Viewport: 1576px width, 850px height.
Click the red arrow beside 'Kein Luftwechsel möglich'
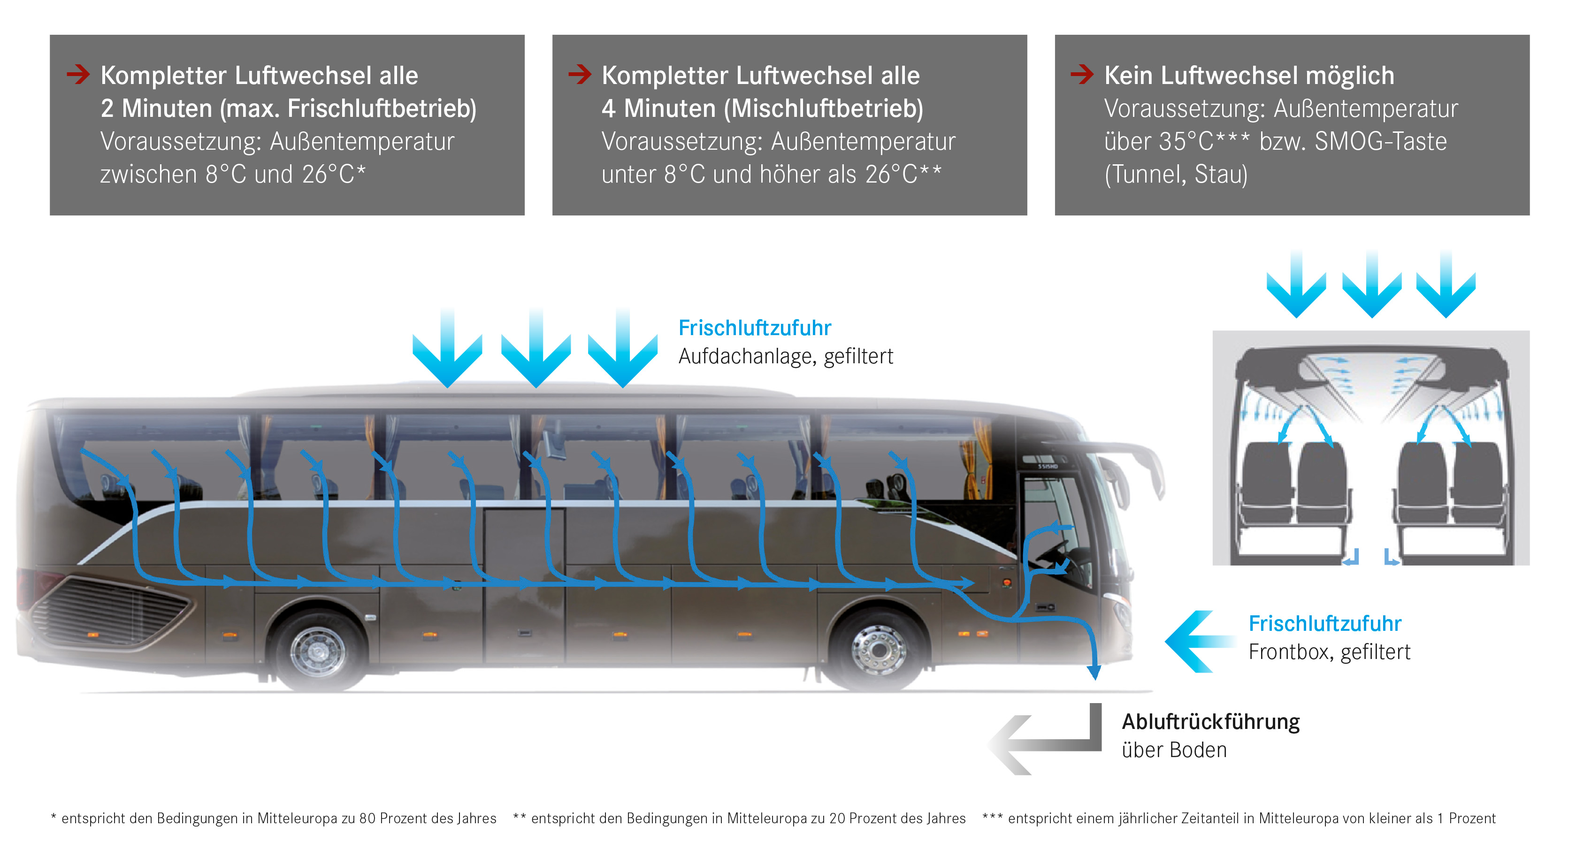click(1082, 75)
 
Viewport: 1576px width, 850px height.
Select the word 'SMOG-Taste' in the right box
click(1380, 141)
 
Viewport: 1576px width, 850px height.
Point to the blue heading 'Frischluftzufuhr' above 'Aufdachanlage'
click(754, 328)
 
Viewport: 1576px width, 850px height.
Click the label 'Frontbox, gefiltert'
click(1329, 652)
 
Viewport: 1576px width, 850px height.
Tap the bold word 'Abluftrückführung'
click(1210, 722)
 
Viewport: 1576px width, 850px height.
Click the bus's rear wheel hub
click(318, 650)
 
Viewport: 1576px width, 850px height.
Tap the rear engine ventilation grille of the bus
click(110, 612)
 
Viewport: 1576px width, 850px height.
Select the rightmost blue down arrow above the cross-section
click(1446, 284)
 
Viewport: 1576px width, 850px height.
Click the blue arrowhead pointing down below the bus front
click(1094, 673)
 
